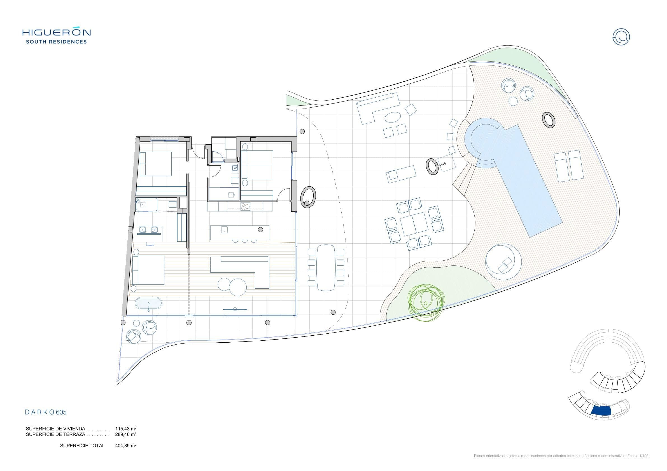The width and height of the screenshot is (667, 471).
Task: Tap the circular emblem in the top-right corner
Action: pyautogui.click(x=621, y=37)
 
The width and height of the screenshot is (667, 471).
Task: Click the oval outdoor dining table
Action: pyautogui.click(x=326, y=268)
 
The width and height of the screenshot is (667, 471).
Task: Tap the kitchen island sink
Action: pyautogui.click(x=224, y=230)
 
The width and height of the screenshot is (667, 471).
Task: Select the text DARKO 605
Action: pyautogui.click(x=46, y=412)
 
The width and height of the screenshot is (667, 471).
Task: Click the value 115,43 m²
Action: pyautogui.click(x=126, y=429)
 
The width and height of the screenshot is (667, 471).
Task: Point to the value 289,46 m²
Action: pyautogui.click(x=126, y=434)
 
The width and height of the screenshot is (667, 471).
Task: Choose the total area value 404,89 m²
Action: pyautogui.click(x=126, y=446)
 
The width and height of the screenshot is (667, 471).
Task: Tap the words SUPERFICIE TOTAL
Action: pyautogui.click(x=82, y=446)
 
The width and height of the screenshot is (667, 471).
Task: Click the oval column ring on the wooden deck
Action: pyautogui.click(x=549, y=120)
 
